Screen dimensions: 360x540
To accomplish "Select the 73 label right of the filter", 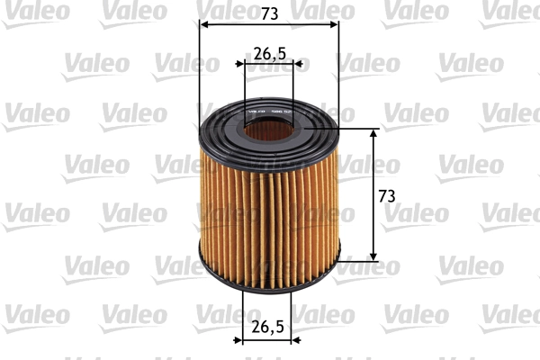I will coord(386,195).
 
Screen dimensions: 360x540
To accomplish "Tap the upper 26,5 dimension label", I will coord(269,53).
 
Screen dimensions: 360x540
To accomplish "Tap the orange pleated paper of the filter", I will coord(269,216).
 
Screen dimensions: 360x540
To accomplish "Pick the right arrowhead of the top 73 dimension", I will coord(335,24).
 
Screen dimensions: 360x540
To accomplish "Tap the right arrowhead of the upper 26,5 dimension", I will coord(299,65).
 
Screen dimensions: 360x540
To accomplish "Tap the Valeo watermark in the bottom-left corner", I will coord(37,314).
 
